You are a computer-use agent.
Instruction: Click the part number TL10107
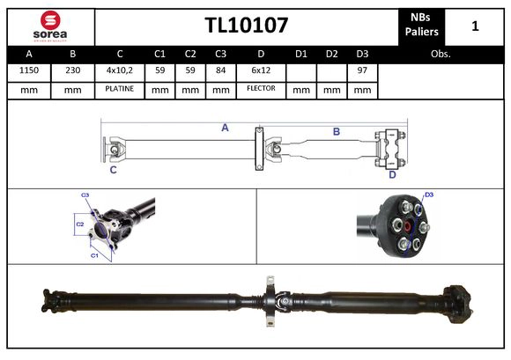coord(247,25)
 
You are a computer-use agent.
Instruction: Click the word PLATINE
coord(119,89)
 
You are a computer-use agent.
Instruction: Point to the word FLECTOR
coord(261,89)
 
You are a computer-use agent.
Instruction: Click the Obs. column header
coord(441,55)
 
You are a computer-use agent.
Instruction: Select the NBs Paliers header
coord(421,26)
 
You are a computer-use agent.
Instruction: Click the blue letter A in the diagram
coord(225,128)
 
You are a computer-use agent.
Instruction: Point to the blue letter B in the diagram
coord(336,132)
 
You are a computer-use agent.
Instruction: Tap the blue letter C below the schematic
coord(113,171)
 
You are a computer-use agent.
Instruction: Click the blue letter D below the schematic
coord(393,174)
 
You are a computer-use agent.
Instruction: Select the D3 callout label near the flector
coord(429,195)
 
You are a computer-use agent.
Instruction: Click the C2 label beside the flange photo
coord(78,224)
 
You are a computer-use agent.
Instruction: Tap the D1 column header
coord(301,55)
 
